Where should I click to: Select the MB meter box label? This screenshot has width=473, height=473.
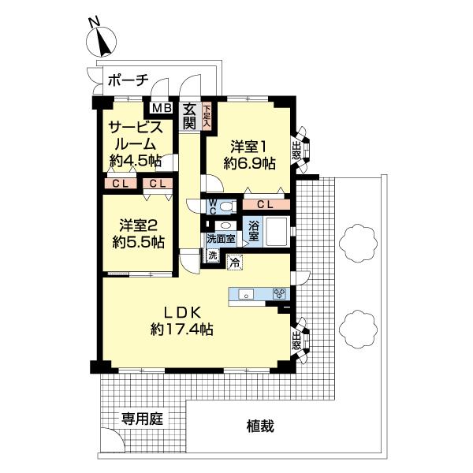(x=161, y=108)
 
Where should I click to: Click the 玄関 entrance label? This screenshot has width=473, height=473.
(x=190, y=117)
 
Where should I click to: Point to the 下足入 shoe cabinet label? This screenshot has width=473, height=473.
(x=207, y=116)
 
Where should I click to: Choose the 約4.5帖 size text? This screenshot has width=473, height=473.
(x=136, y=161)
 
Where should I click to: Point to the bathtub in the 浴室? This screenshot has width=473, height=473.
(x=278, y=234)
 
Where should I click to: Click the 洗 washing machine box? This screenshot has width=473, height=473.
(x=212, y=255)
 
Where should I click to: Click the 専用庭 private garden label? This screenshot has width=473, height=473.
(x=142, y=418)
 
